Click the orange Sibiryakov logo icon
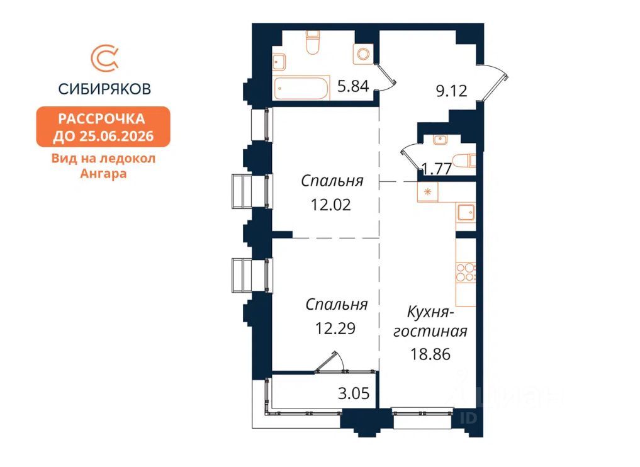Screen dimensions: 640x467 104,59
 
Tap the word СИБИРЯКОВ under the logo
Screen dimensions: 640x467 104,89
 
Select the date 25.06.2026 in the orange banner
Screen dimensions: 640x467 116,136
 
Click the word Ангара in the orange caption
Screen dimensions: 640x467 103,174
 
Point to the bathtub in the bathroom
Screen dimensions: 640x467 301,88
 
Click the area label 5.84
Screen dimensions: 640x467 353,86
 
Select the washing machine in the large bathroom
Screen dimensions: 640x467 363,53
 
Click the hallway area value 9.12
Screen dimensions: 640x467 451,91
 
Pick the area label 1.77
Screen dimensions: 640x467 437,168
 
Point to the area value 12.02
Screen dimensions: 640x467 331,205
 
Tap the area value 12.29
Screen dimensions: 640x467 335,328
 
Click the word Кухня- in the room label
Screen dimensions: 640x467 430,313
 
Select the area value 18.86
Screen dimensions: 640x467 430,354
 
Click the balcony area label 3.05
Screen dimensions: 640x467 354,393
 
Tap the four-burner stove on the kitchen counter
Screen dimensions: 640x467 466,273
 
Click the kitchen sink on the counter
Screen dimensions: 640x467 466,212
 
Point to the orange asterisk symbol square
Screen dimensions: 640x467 428,191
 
